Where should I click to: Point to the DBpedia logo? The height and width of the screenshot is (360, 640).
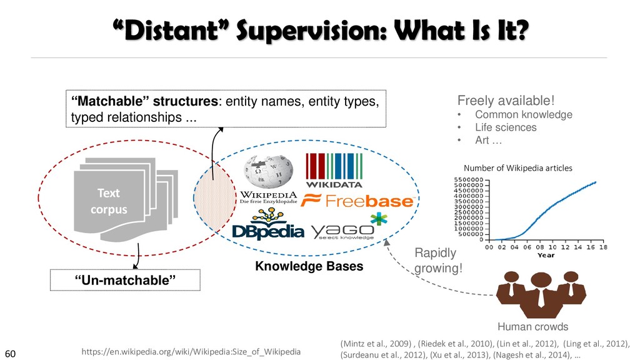[x=267, y=226]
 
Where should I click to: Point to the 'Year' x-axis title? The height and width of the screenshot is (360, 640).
[x=546, y=255]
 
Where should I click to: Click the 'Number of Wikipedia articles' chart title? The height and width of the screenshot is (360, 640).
[x=518, y=167]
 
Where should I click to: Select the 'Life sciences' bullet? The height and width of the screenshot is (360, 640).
[x=505, y=127]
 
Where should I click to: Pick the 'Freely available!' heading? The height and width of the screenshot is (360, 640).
[x=506, y=100]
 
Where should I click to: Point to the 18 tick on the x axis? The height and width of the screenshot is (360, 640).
[x=604, y=246]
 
